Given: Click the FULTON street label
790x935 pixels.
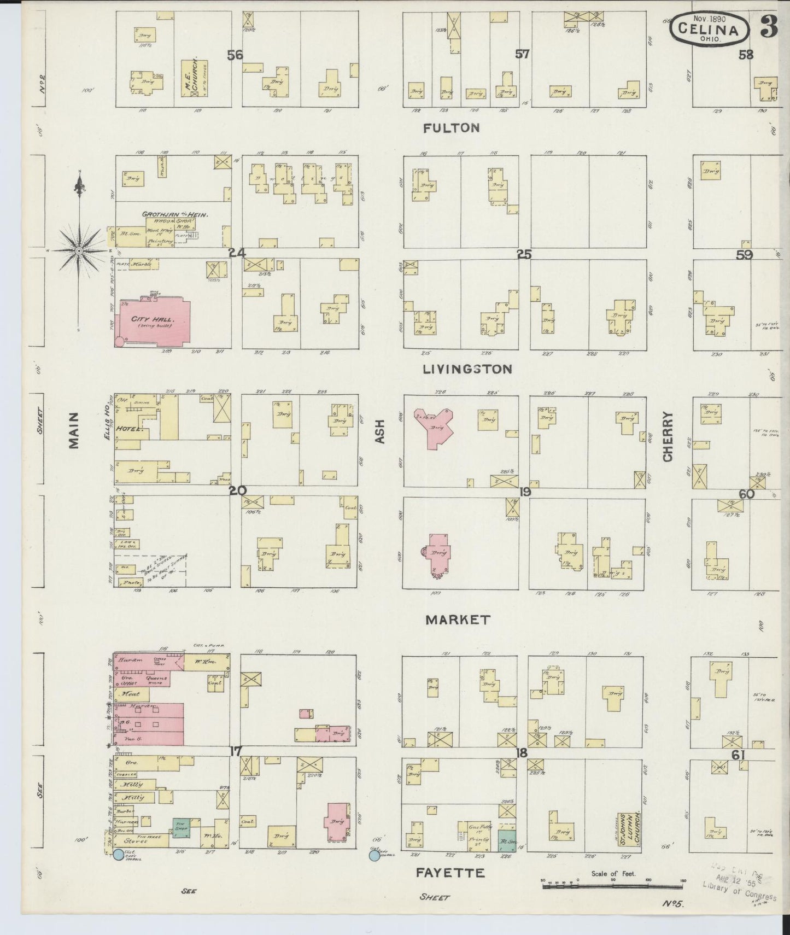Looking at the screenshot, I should tap(452, 128).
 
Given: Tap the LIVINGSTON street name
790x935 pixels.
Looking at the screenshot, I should tap(467, 369).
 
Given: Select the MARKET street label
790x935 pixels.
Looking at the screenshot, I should tap(458, 620).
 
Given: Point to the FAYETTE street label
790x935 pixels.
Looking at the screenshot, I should tap(450, 873).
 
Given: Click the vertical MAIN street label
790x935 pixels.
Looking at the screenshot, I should tap(74, 430).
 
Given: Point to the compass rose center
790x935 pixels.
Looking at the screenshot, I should tap(79, 250).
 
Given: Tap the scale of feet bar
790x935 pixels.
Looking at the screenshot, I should tap(612, 885).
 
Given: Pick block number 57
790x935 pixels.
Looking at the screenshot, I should tap(522, 54).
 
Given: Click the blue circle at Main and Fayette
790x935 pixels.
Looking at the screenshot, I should tap(118, 855).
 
